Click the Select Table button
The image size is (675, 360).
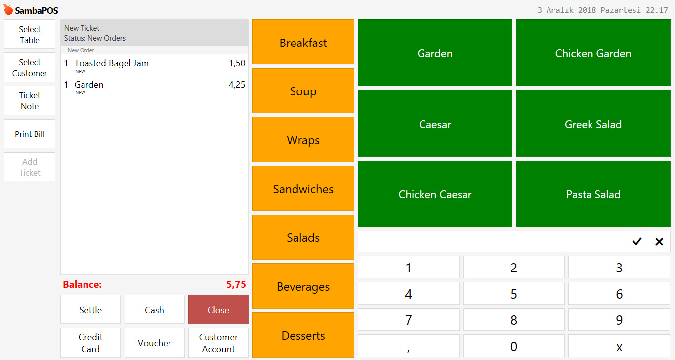[30, 35]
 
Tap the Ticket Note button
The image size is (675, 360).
[30, 101]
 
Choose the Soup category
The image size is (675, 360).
[303, 91]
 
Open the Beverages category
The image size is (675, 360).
[303, 287]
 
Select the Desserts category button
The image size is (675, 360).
[303, 336]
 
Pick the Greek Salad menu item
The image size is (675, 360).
[593, 124]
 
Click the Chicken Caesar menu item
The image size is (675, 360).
[435, 194]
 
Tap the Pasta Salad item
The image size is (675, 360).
[593, 194]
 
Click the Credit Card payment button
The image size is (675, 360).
[90, 343]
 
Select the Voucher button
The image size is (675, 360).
[155, 343]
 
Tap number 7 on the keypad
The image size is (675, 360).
[408, 320]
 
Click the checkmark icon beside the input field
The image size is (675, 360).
[637, 241]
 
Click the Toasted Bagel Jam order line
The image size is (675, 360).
[112, 63]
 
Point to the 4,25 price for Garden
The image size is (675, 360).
[237, 85]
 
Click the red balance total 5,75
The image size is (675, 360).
[236, 285]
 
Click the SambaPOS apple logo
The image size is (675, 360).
[8, 10]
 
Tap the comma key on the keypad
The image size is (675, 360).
[408, 347]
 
